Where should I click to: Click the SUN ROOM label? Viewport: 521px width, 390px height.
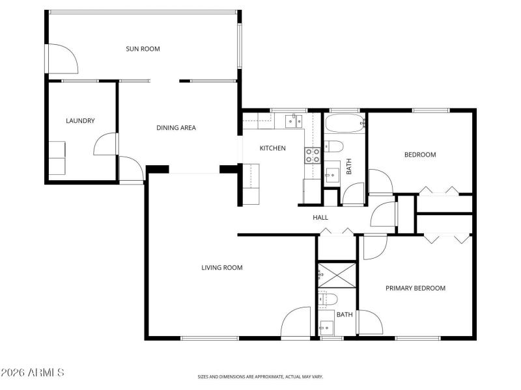(143, 49)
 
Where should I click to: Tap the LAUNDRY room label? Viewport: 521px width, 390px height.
(81, 121)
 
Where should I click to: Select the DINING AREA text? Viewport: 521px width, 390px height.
(176, 127)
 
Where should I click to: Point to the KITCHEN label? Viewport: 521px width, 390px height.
(272, 148)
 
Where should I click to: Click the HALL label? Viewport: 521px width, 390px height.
(320, 218)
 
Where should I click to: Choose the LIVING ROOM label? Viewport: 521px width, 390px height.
(222, 267)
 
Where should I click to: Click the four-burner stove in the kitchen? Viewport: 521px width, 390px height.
(313, 155)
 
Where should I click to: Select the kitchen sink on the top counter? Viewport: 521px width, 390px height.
(291, 121)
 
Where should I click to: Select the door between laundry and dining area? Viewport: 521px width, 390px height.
(106, 144)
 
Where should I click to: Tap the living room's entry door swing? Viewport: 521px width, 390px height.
(296, 322)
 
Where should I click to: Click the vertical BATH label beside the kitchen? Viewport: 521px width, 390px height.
(349, 168)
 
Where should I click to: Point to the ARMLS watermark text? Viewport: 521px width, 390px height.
(33, 373)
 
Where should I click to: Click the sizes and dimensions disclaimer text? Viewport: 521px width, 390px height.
(260, 376)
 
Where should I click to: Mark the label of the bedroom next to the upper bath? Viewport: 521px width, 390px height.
(420, 155)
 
